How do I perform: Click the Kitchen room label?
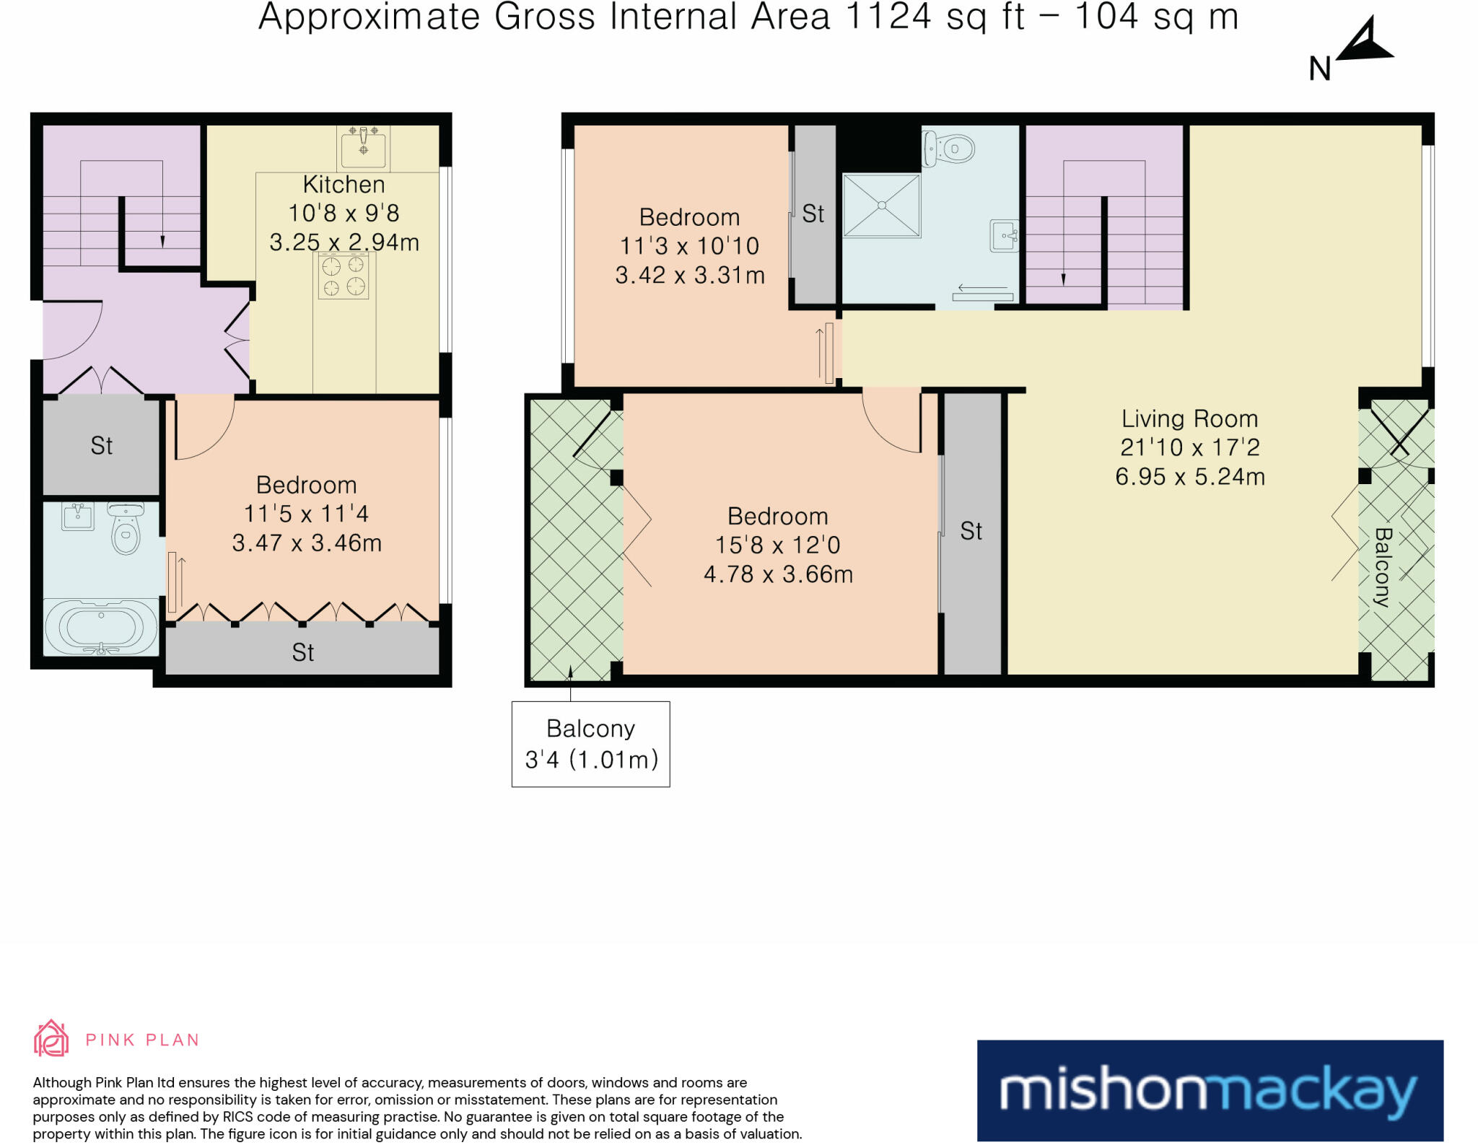tap(344, 185)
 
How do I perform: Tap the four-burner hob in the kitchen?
tap(344, 276)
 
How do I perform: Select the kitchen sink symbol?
tap(364, 149)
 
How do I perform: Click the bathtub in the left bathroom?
tap(101, 627)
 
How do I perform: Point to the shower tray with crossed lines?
tap(882, 205)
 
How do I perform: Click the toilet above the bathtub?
tap(126, 527)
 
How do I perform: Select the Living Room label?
tap(1189, 418)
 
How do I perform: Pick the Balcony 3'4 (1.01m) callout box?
tap(591, 744)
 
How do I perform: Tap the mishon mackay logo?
tap(1210, 1090)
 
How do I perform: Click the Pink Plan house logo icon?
tap(51, 1038)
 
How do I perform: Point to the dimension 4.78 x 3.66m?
tap(778, 574)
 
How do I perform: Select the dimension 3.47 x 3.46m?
tap(307, 543)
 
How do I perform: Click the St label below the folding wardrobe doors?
tap(303, 652)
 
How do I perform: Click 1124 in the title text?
tap(888, 17)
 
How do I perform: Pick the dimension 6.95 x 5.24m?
tap(1190, 477)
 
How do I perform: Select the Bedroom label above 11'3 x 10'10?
tap(689, 217)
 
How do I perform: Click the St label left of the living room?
tap(971, 531)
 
